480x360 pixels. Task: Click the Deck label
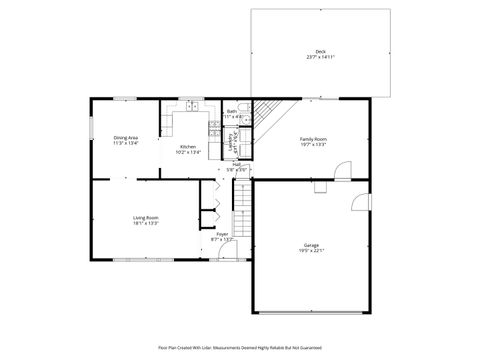point(320,51)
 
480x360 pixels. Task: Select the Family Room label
point(314,139)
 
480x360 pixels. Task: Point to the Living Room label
point(146,217)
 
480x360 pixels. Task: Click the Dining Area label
point(125,138)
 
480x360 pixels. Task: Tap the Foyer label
point(222,234)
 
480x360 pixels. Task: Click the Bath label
point(232,111)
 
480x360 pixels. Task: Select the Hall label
point(236,164)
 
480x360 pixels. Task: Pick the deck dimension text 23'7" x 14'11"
point(320,57)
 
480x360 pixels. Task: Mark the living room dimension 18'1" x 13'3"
point(146,223)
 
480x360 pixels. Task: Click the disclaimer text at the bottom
point(240,348)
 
